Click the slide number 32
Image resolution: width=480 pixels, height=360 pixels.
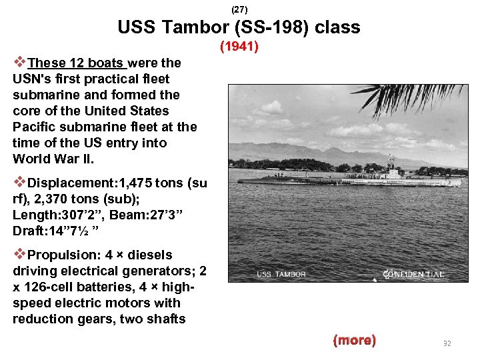[447, 343]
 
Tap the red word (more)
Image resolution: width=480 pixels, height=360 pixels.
[354, 340]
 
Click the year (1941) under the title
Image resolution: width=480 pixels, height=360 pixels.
[239, 47]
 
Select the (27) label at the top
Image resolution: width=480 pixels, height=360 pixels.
[239, 9]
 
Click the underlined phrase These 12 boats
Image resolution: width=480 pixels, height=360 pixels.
[77, 63]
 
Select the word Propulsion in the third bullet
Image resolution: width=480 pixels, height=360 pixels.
[63, 255]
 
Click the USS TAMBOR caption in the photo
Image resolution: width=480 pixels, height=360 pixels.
[281, 274]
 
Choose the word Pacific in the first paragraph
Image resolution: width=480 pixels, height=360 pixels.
[34, 127]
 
